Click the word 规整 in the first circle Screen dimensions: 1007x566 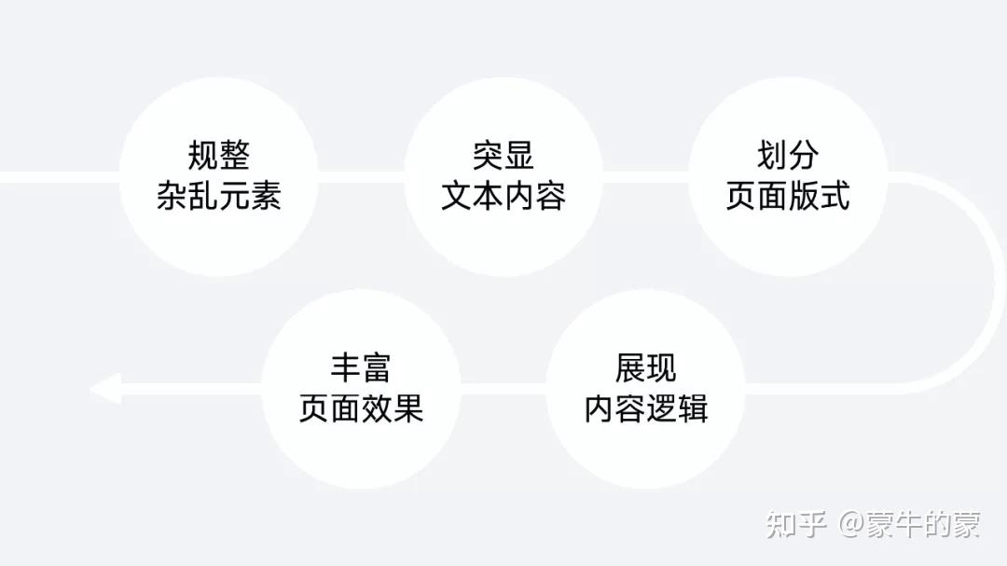218,156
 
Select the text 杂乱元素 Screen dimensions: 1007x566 218,196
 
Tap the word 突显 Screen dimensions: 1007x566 503,156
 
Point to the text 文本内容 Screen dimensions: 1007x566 503,196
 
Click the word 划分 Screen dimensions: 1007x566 788,156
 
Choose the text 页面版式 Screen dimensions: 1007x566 788,196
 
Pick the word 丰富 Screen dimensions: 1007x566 360,367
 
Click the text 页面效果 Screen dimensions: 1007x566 361,408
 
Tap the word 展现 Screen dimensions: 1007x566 645,367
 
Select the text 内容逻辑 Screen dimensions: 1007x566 645,408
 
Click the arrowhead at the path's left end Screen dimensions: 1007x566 105,388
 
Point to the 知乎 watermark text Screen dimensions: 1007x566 796,525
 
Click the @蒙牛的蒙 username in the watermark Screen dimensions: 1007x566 909,525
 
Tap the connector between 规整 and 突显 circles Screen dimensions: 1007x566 361,176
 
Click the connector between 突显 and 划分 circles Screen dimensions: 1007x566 645,176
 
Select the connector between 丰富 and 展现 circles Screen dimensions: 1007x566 503,388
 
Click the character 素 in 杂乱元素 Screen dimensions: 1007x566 266,196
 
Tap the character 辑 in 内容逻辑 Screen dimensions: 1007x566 693,408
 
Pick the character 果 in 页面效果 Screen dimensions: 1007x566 408,408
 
